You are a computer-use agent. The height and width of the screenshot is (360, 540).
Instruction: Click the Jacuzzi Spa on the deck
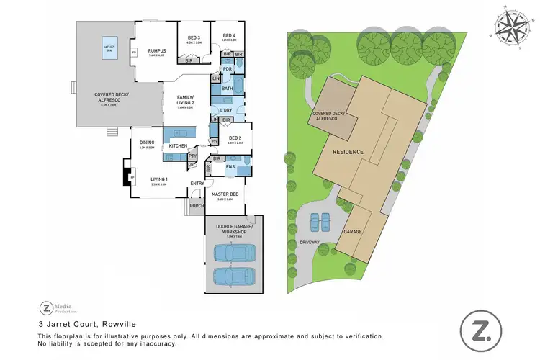[x=110, y=46]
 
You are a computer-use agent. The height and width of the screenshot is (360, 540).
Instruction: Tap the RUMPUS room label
[x=157, y=50]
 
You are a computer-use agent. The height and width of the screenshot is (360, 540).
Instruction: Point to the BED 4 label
[x=229, y=35]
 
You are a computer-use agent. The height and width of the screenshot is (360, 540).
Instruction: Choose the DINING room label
[x=148, y=143]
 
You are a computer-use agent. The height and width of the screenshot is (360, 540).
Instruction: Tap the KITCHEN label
[x=178, y=146]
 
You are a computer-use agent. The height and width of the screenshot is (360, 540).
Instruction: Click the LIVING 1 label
[x=158, y=179]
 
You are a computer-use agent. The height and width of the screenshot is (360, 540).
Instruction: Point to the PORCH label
[x=196, y=206]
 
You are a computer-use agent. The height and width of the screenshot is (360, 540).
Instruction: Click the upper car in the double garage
[x=233, y=253]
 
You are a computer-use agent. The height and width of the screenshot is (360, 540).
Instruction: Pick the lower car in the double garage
[x=233, y=276]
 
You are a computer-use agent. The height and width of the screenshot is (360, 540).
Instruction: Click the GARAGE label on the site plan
[x=354, y=232]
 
